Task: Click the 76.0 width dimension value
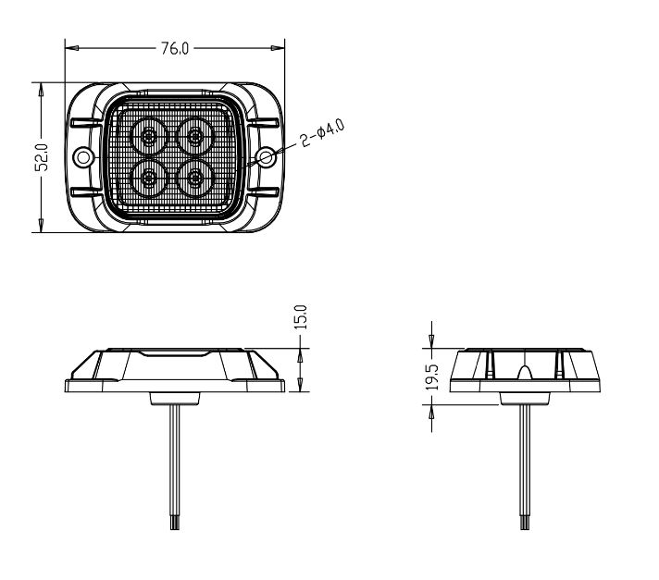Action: tap(175, 49)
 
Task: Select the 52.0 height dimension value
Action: tap(42, 157)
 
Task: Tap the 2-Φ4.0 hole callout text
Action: tap(323, 132)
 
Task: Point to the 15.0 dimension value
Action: tap(301, 317)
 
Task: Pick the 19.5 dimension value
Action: tap(432, 377)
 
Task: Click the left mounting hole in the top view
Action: tap(83, 157)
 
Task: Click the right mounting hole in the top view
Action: tap(266, 157)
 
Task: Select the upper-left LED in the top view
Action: tap(148, 136)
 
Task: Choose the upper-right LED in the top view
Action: tap(195, 136)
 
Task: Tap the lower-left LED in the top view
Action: tap(148, 179)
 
